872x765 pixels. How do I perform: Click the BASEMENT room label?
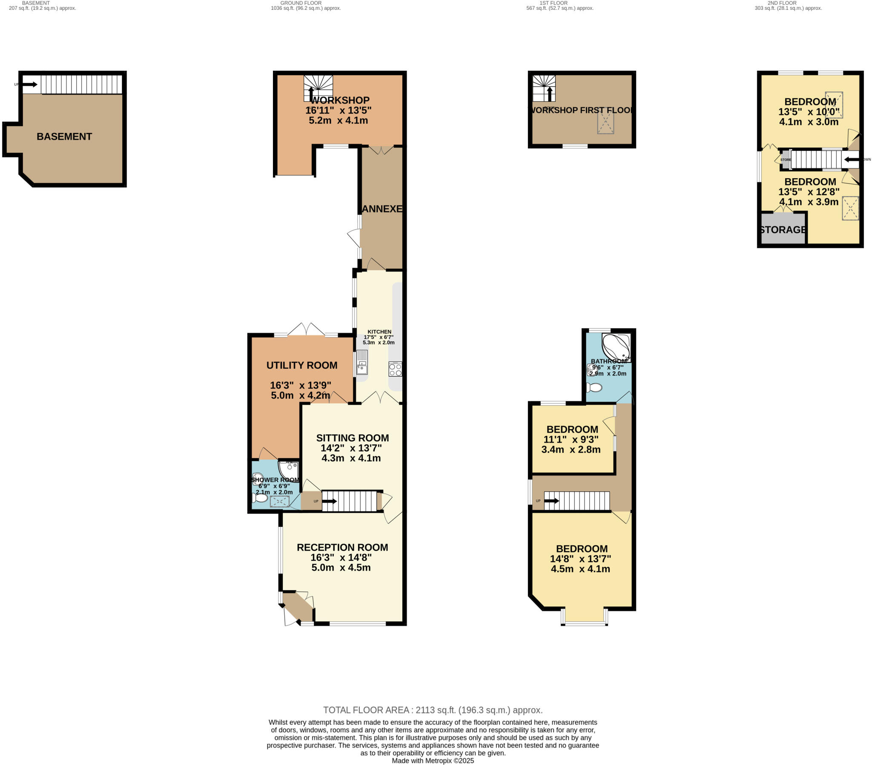pos(64,137)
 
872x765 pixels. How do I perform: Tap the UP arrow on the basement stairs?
pos(30,84)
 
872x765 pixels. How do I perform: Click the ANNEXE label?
pos(382,209)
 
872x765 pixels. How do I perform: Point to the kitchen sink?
pos(362,362)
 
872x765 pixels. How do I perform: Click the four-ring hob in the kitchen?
pos(395,369)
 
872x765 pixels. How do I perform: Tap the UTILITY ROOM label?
pos(301,365)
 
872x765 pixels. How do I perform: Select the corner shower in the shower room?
pos(289,470)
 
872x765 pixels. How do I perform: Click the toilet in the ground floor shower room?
pos(260,498)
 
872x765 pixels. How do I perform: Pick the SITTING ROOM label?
pos(352,438)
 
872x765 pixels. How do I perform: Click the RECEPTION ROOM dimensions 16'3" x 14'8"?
pos(341,557)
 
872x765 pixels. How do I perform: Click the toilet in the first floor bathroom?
pos(594,387)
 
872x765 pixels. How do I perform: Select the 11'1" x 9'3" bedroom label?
pos(572,439)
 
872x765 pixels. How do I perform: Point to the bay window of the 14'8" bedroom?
pos(584,624)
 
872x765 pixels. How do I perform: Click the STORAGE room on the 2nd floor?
pos(783,230)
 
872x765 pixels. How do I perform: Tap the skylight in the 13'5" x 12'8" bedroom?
pos(850,208)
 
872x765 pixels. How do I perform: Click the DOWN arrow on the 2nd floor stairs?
pos(852,160)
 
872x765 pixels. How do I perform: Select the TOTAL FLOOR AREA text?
pos(432,710)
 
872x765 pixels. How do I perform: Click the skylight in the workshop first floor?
pos(605,122)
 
